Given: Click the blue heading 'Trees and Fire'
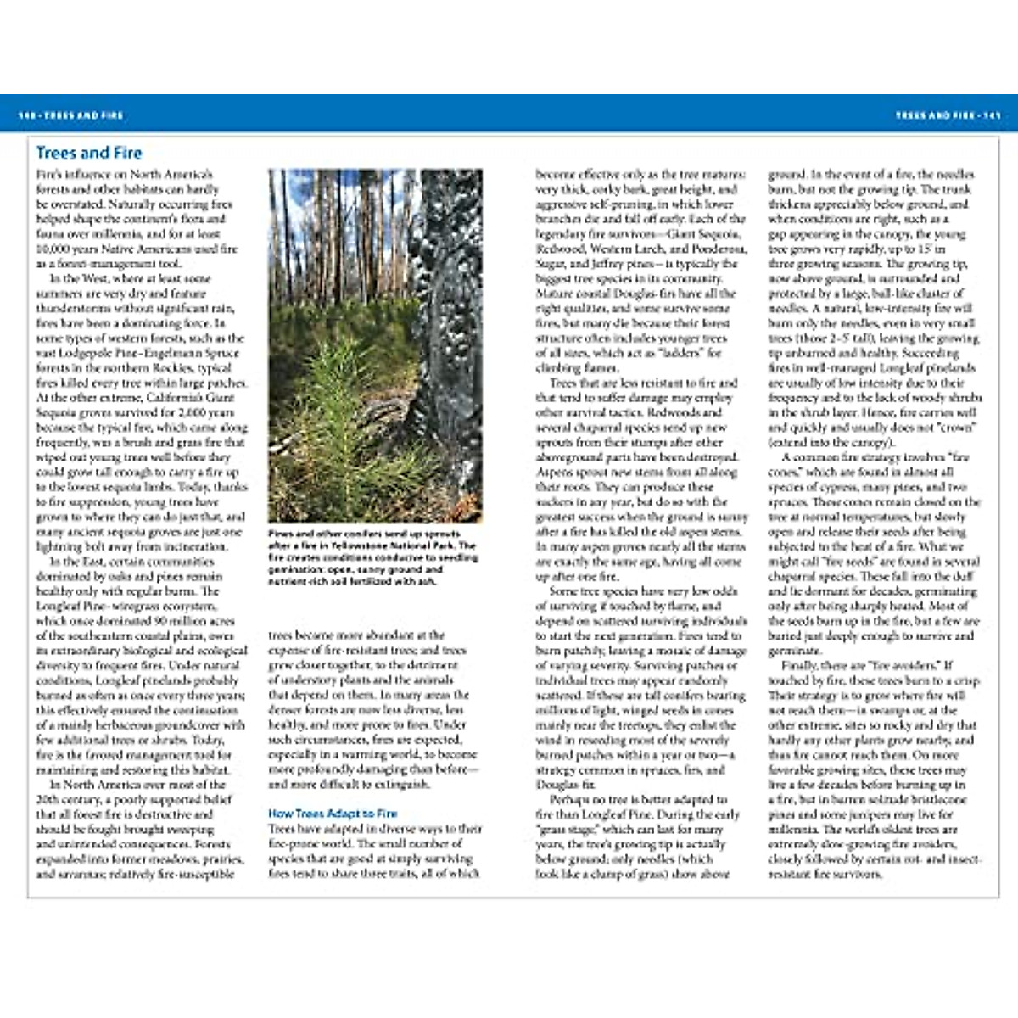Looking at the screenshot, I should point(89,154).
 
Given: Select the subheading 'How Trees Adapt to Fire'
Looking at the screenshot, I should point(333,814).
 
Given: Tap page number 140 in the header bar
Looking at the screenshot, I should point(26,115).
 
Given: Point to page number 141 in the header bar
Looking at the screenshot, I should point(992,115).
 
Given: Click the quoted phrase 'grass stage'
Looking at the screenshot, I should point(568,829).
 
